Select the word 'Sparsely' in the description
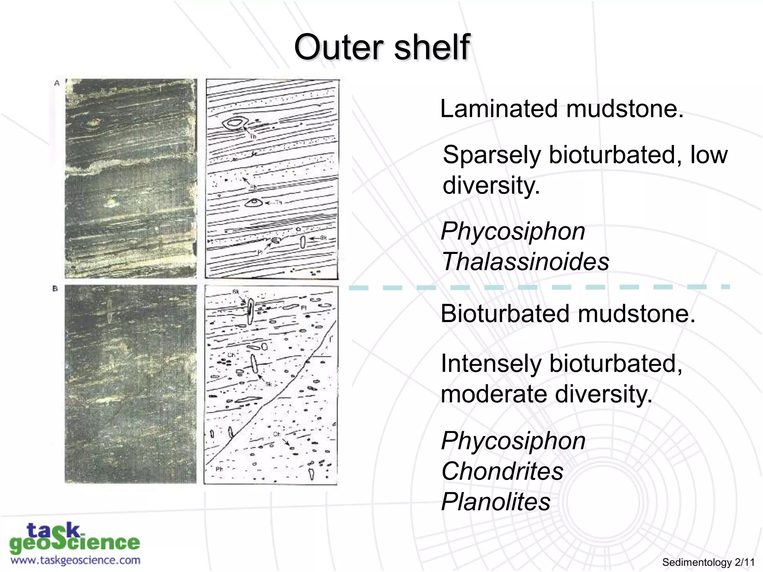[492, 155]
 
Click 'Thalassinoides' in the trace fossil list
[525, 261]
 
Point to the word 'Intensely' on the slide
[491, 363]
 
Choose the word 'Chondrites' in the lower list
[502, 471]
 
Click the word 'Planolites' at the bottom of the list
[496, 502]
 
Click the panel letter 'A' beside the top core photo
[57, 83]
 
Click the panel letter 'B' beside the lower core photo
[55, 289]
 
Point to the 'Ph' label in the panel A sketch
[253, 187]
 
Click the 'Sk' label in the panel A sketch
[323, 238]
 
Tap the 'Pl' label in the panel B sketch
[304, 308]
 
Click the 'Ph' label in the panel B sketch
[219, 469]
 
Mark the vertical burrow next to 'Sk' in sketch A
[303, 242]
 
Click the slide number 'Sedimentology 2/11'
[708, 562]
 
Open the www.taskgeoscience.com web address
[75, 560]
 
